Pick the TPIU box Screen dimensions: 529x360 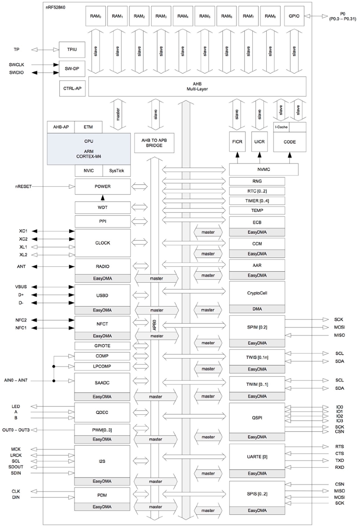click(x=72, y=49)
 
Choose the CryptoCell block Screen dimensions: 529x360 click(x=257, y=293)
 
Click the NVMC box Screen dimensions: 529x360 click(x=264, y=169)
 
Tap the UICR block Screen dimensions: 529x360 click(x=260, y=142)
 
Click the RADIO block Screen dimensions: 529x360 click(x=102, y=266)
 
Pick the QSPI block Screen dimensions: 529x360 click(x=257, y=417)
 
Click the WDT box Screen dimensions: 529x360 click(x=102, y=207)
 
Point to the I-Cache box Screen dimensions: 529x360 click(x=282, y=127)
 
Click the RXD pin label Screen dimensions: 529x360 click(x=339, y=467)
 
